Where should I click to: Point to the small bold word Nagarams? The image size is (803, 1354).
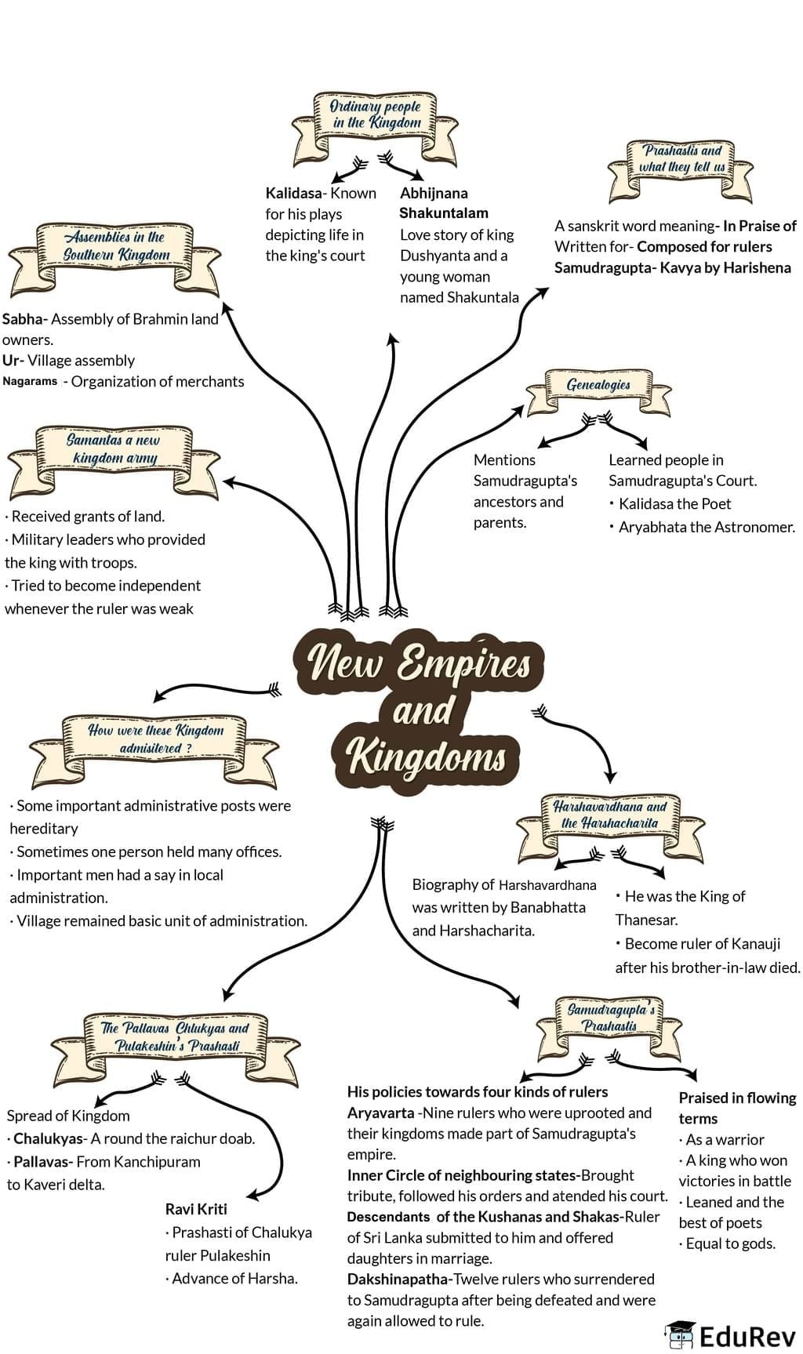(30, 382)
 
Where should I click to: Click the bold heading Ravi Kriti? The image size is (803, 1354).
(196, 1209)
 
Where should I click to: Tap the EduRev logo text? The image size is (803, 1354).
(747, 1335)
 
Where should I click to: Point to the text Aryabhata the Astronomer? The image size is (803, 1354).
(707, 527)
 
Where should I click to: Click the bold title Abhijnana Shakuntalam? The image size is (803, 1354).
(443, 202)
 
